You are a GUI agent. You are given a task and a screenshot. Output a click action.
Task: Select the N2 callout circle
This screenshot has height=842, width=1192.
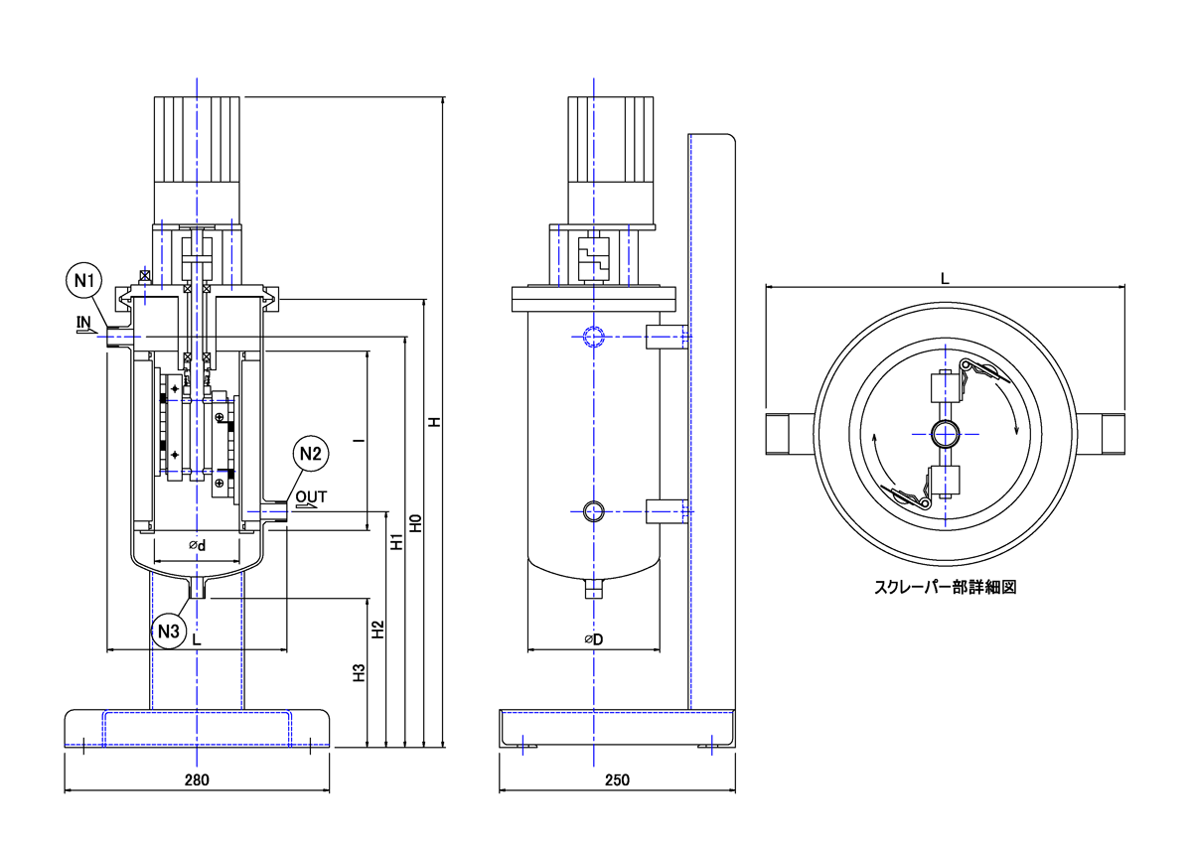click(310, 455)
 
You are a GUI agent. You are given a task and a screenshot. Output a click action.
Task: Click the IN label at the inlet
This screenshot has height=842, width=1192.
click(84, 322)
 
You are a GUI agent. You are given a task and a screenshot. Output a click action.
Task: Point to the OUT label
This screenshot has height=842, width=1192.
click(310, 495)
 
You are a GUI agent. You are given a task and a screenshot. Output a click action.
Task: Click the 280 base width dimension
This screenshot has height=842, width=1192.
click(197, 780)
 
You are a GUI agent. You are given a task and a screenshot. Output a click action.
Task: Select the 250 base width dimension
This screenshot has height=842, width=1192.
click(617, 780)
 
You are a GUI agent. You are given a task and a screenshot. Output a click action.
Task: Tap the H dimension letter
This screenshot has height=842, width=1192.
click(433, 422)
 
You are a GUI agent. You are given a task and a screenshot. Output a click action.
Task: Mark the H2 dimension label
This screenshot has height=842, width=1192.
click(377, 630)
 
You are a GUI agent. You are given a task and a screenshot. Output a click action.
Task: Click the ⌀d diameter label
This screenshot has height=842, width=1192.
click(197, 545)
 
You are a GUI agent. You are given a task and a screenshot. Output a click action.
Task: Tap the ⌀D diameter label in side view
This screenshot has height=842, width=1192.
click(593, 639)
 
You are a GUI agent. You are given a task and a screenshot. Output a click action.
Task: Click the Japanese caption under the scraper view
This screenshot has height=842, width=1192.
click(945, 587)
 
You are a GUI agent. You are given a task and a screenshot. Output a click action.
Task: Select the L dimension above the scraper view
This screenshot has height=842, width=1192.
click(945, 279)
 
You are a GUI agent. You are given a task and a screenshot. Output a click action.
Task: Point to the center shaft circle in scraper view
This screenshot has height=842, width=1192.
click(945, 433)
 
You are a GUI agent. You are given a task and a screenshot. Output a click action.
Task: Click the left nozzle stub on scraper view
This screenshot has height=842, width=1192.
click(789, 433)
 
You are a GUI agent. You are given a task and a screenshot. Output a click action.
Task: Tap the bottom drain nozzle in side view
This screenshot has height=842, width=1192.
click(593, 590)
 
